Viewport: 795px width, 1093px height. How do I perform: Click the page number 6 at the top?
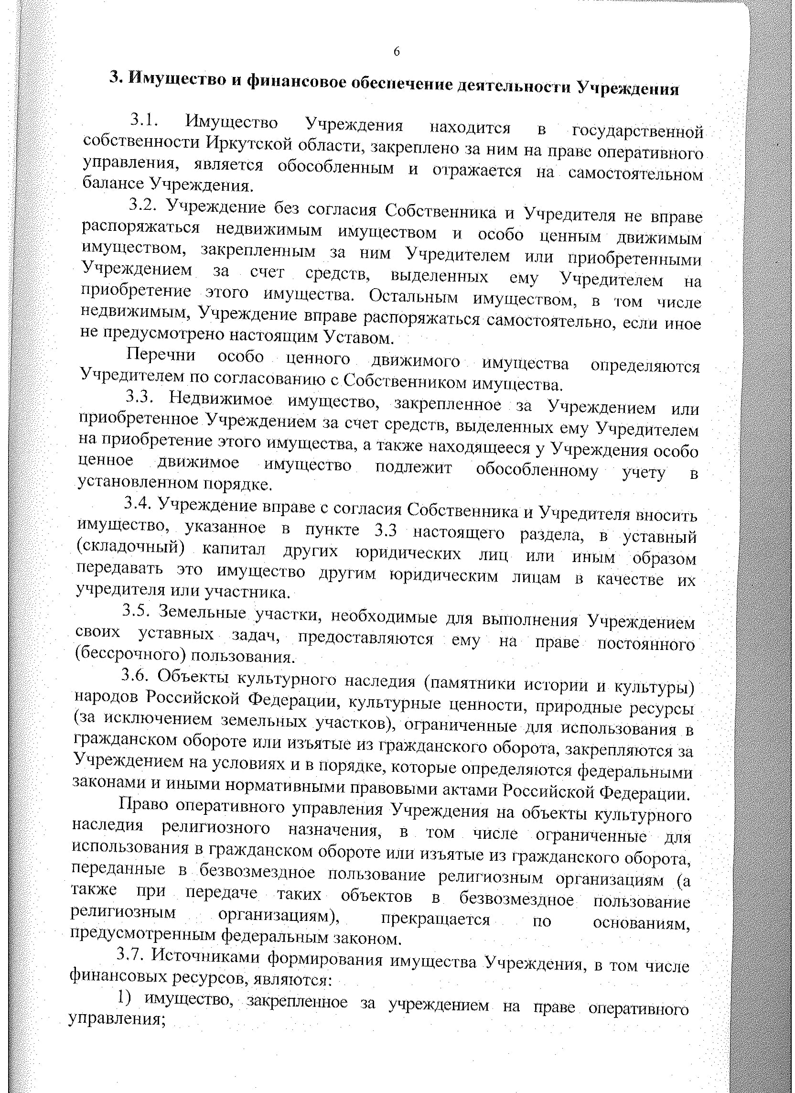(397, 52)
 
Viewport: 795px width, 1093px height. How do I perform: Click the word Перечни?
(161, 356)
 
